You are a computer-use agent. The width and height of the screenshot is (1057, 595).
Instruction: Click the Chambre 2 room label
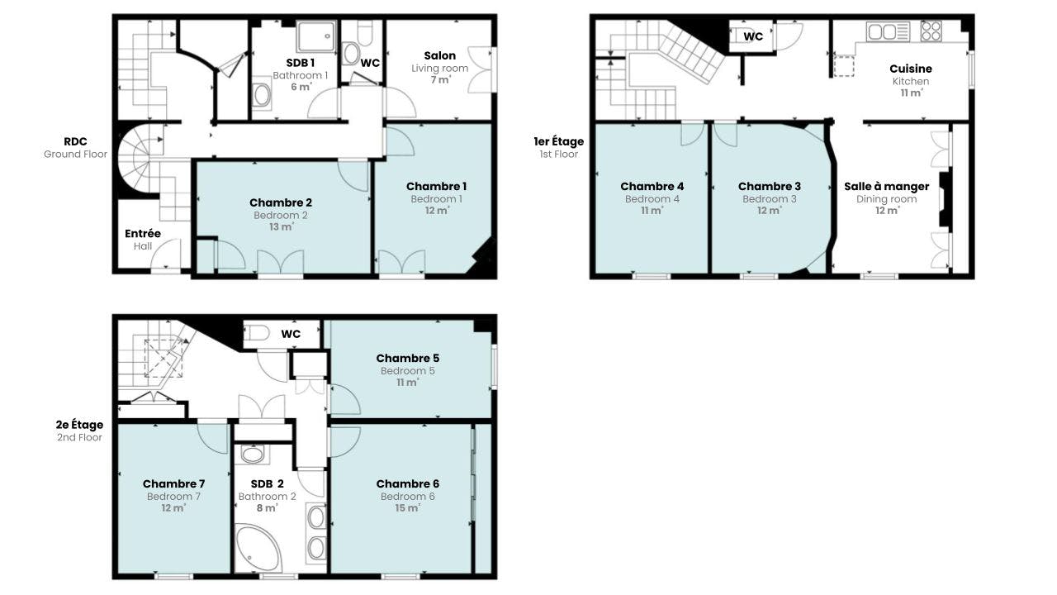click(x=280, y=202)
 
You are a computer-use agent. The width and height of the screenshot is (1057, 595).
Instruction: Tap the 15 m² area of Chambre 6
click(x=407, y=508)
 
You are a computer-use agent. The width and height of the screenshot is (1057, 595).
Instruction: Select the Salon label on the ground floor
click(x=440, y=55)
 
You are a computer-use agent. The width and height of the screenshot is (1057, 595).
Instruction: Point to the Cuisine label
click(x=911, y=69)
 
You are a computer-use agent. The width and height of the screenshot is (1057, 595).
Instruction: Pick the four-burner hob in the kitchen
click(x=931, y=31)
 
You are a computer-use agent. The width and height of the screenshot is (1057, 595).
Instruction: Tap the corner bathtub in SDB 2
click(x=258, y=548)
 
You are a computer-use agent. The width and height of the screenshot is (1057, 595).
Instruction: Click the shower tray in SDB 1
click(x=316, y=36)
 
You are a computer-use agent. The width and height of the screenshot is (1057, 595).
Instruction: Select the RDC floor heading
click(x=75, y=141)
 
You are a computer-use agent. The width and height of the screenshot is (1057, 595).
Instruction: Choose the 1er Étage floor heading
click(x=559, y=141)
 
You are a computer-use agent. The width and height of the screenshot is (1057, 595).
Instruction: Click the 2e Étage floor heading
click(x=79, y=425)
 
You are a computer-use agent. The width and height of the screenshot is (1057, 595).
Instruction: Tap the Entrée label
click(x=143, y=234)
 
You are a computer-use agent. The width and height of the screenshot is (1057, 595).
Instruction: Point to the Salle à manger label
click(x=887, y=187)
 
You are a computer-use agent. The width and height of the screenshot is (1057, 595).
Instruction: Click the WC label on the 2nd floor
click(x=291, y=335)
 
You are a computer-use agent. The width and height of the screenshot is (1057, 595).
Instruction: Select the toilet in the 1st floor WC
click(x=738, y=36)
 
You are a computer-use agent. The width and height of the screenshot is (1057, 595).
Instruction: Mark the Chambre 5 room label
click(x=408, y=359)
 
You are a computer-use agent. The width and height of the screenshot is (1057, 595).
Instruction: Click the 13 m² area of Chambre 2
click(x=281, y=227)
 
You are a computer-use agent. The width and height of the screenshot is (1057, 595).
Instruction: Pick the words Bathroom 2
click(x=267, y=497)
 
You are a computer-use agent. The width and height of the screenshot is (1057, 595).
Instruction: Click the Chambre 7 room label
click(x=173, y=484)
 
